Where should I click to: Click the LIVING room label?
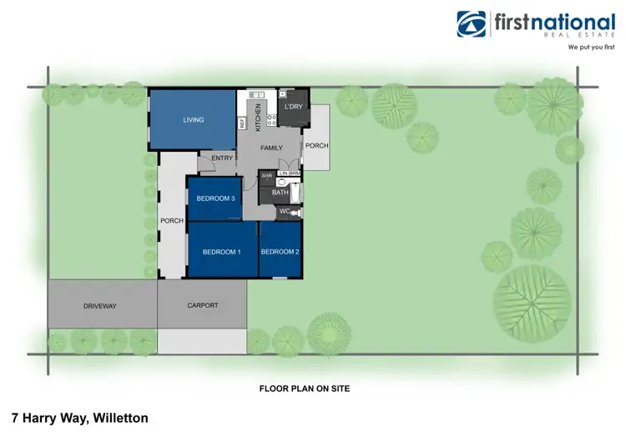[194, 120]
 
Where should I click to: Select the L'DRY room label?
[293, 108]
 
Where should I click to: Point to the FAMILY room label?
[272, 147]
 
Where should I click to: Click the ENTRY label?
[222, 158]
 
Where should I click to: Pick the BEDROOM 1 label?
[222, 252]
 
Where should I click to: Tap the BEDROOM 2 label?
[280, 252]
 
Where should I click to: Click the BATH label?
[280, 193]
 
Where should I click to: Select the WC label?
[284, 212]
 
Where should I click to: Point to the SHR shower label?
[266, 177]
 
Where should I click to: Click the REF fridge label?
[242, 123]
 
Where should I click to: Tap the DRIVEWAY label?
[100, 306]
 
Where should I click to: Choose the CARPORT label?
[202, 305]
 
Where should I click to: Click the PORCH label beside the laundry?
[316, 145]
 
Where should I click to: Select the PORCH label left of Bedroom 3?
[171, 220]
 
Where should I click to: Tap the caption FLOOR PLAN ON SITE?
[303, 389]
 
